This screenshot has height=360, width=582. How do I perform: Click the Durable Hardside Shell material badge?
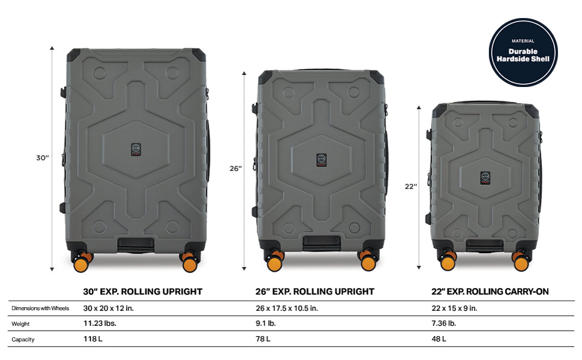pos(523,52)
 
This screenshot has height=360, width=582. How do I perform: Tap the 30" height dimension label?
pos(43,158)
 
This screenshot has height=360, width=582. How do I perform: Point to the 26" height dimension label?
pos(235,169)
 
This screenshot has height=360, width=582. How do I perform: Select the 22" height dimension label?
pos(411,187)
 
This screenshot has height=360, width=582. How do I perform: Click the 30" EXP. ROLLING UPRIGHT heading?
pos(143,292)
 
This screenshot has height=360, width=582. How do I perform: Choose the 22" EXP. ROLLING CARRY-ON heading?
pos(490,292)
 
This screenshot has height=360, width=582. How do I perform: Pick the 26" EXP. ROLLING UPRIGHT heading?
pos(315,292)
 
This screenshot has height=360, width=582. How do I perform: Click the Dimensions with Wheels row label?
pos(40,308)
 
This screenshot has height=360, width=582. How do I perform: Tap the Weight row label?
pos(20,324)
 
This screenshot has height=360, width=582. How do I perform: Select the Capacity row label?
pos(23,340)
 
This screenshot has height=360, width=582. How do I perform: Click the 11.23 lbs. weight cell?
pos(100,323)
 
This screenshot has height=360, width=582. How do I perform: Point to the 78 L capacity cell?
pos(263,339)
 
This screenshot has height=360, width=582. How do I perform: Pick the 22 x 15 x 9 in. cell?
pos(454,308)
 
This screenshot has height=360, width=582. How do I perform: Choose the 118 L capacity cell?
pos(93,339)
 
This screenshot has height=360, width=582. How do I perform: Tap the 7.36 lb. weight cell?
pos(443,323)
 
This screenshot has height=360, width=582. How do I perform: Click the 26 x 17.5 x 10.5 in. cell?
pos(287,308)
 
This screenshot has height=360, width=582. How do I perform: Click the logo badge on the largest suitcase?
pos(136,149)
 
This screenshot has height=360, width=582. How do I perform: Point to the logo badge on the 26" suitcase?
pos(322,160)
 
